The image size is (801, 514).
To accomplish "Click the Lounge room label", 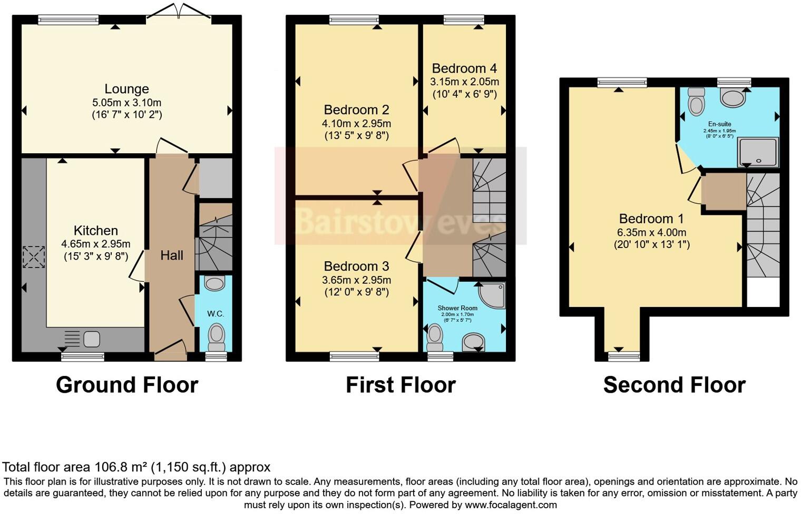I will coord(126,89).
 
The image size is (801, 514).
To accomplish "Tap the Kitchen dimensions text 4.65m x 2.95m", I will coord(95,244).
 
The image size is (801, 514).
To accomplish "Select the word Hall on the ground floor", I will coord(172,255).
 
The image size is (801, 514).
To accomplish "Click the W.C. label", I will coord(216,314).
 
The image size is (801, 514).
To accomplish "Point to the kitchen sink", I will coord(92,338).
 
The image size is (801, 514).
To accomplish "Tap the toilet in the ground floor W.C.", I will coord(216,336).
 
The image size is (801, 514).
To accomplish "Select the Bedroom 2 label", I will coord(356,110).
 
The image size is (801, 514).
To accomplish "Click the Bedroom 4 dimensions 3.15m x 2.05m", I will coord(464,82).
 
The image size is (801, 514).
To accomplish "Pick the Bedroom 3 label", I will coord(356,266).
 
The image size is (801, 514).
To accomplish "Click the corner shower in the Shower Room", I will coord(492,295).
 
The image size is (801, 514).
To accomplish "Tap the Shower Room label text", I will coord(457,308).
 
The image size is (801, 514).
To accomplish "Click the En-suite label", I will coord(719,124).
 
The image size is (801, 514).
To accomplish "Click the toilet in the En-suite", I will coord(696,101).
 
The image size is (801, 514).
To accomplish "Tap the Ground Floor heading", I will coord(127,385).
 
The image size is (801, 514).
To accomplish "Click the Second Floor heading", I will coord(674,385).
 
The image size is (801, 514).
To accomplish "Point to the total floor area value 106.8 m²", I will coord(121,467).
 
